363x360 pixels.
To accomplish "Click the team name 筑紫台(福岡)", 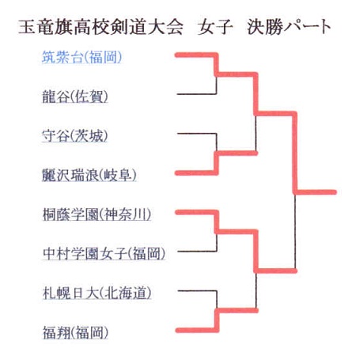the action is pos(81,57).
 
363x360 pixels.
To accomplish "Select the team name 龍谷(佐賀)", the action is pos(75,97).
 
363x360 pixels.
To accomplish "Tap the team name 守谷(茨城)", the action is pos(75,136).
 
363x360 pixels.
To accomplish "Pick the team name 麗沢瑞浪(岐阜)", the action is pos(89,175).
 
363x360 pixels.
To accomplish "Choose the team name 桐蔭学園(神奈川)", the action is pos(96,214).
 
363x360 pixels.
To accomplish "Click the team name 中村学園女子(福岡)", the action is pos(104,253).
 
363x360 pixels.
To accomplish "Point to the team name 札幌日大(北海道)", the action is pos(97,293).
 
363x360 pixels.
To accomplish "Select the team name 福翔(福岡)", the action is pos(75,332).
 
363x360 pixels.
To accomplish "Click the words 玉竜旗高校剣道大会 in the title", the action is pos(100,27).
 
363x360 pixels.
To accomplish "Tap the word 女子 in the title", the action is pos(215,27).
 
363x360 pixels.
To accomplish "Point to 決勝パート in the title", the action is pos(289,27).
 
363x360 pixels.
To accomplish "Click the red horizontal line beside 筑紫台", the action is pos(196,55).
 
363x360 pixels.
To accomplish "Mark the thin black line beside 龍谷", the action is pos(197,94).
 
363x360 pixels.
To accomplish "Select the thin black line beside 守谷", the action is pos(197,134).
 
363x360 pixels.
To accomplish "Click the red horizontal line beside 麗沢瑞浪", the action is pos(196,173).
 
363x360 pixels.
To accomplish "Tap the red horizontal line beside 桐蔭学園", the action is pos(197,212).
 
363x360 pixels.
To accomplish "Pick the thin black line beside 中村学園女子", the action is pos(197,251).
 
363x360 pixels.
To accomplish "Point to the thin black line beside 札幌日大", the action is pos(198,290).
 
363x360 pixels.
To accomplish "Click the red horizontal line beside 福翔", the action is pos(197,330).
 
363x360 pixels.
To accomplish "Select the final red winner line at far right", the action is pos(316,192).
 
